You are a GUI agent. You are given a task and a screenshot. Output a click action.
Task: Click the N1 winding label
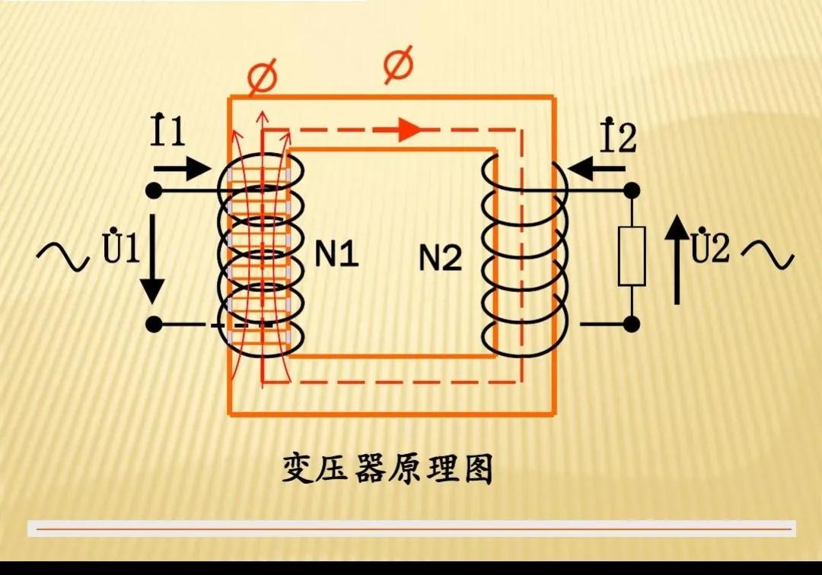tap(336, 256)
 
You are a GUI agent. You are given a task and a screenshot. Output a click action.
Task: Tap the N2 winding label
tap(441, 259)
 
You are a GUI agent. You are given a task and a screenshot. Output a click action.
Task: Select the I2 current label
tap(617, 135)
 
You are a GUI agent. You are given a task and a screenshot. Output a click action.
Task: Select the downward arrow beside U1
tap(153, 259)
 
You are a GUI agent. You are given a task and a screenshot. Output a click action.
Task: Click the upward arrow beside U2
tap(676, 259)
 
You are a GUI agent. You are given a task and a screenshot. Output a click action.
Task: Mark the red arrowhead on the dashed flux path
tap(409, 129)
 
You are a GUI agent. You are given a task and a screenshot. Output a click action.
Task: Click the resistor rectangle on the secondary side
tap(632, 256)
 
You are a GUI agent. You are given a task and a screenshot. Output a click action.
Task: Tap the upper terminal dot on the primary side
tap(154, 190)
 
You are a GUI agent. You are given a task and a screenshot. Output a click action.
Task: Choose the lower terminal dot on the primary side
tap(154, 325)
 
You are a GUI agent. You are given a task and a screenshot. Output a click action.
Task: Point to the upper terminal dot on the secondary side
tap(632, 190)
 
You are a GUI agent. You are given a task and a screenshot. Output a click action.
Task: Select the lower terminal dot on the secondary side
tap(632, 325)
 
